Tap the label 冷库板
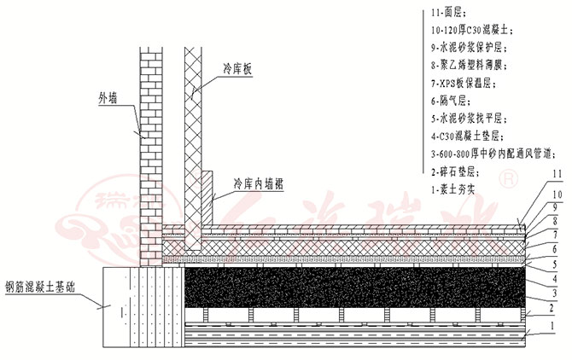(238, 67)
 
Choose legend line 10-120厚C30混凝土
(475, 31)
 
